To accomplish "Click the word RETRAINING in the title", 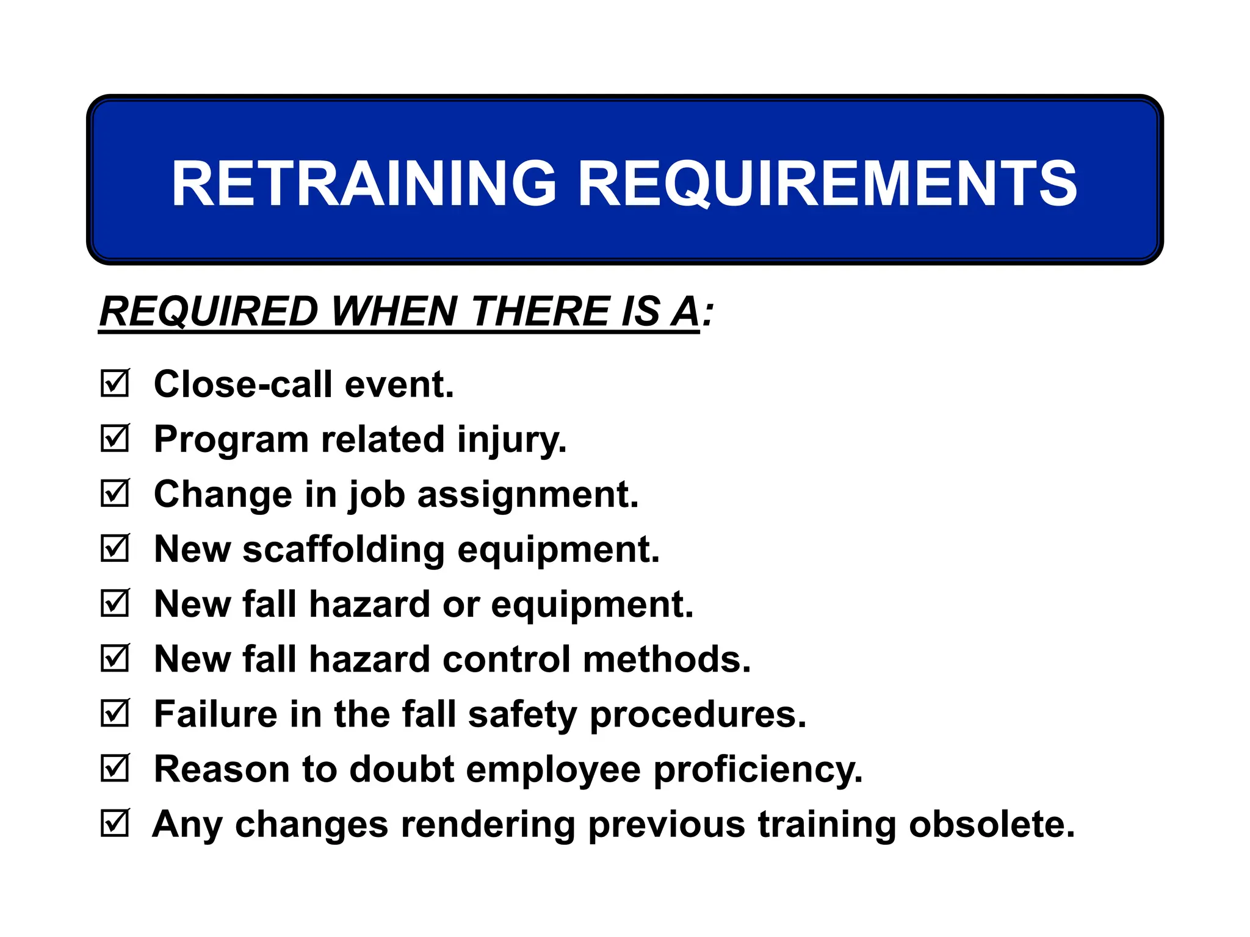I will (364, 184).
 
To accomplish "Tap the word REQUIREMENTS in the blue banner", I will (827, 184).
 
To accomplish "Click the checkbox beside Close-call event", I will (115, 384).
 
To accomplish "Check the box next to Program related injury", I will (115, 439).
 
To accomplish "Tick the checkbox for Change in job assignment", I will (115, 494).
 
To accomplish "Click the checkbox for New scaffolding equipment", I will (115, 548).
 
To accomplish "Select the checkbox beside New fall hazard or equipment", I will (115, 603).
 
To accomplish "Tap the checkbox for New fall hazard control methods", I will (115, 658).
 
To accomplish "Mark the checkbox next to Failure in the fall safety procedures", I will (115, 713).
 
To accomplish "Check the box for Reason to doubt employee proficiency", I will (115, 768).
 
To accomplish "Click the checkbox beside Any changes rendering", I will (115, 823).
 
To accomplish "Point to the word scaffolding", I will (344, 549).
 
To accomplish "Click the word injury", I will (511, 440).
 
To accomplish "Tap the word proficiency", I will (758, 769).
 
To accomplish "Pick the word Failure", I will (215, 714).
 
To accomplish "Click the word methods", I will (667, 659).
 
